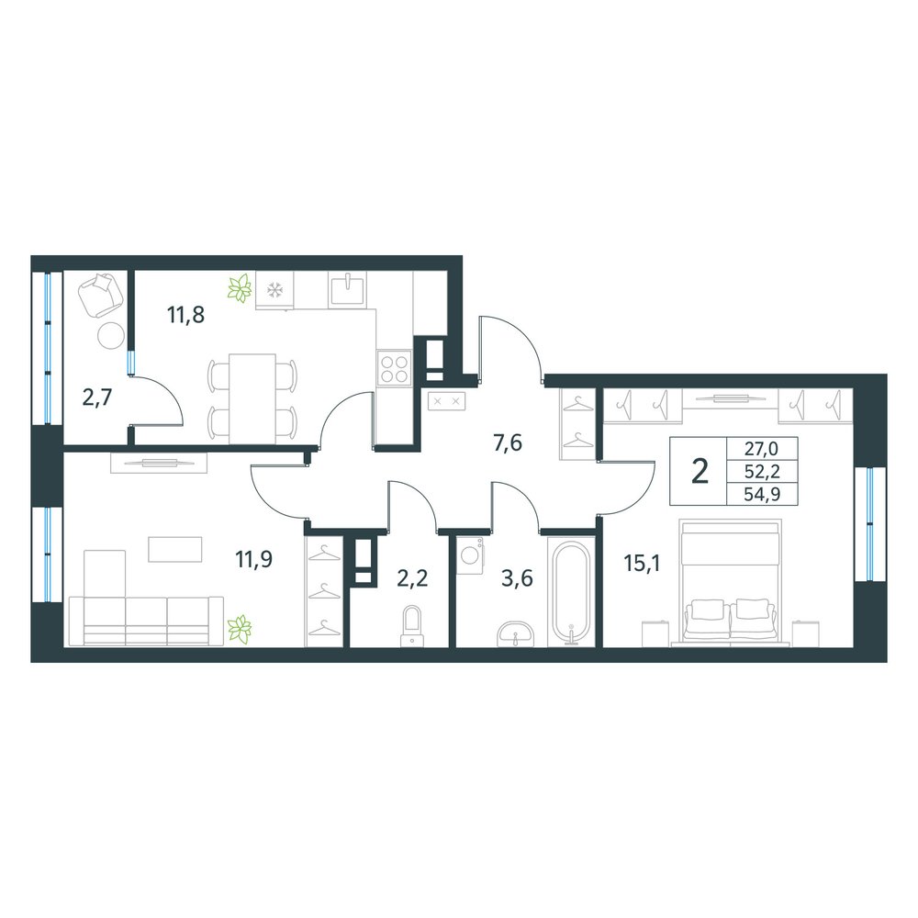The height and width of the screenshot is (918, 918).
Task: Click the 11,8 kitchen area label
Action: click(185, 316)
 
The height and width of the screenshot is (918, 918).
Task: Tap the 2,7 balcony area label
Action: click(97, 398)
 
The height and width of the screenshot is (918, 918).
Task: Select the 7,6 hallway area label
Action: click(507, 443)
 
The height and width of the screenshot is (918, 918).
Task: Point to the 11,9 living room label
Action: click(254, 560)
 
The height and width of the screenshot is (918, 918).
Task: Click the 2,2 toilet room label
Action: click(412, 578)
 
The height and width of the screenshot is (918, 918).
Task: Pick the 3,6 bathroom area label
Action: click(517, 578)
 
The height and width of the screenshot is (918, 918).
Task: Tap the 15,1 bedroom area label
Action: click(642, 564)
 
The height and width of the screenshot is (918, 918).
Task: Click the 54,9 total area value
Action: click(761, 496)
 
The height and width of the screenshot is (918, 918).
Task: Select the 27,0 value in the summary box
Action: click(761, 449)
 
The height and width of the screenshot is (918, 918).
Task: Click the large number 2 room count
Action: click(699, 471)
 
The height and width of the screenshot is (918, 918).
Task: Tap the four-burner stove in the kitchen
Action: click(394, 368)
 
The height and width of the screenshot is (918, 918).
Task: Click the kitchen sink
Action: click(347, 289)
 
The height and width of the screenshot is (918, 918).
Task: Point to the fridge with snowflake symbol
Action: click(274, 290)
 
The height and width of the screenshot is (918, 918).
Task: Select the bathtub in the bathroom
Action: click(571, 592)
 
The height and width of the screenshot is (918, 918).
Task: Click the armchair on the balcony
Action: click(101, 295)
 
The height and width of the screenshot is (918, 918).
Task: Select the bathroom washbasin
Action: click(515, 634)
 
